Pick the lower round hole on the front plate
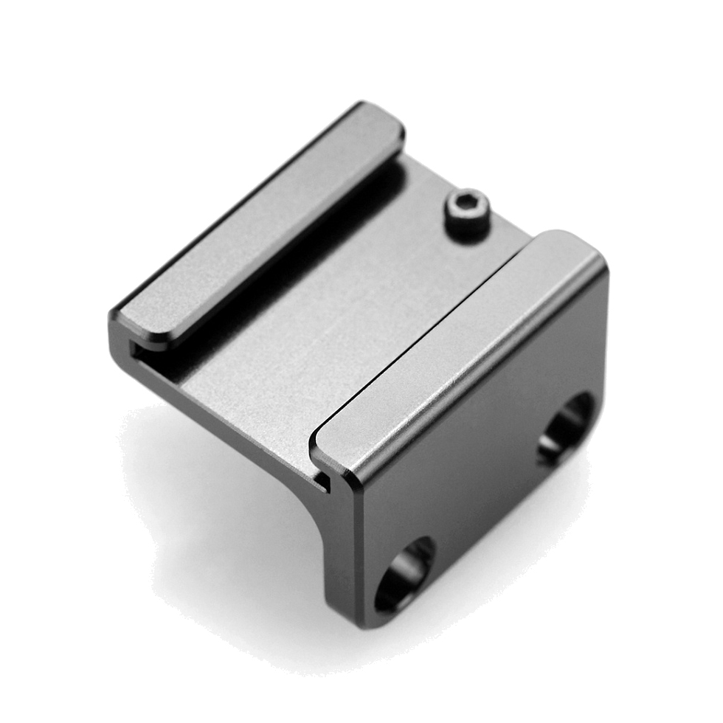click(404, 573)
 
